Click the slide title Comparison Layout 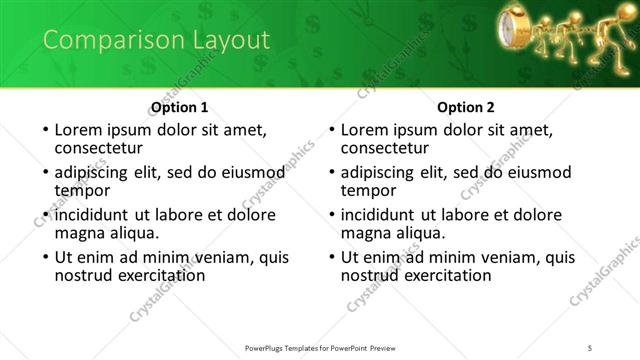click(x=156, y=40)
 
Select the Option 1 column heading click(x=179, y=107)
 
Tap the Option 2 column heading click(x=466, y=107)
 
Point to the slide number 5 click(x=590, y=348)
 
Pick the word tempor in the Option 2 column click(x=369, y=190)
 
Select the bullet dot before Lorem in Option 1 click(x=46, y=130)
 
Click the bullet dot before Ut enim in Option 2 click(x=333, y=257)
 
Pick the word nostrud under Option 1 click(x=85, y=275)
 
